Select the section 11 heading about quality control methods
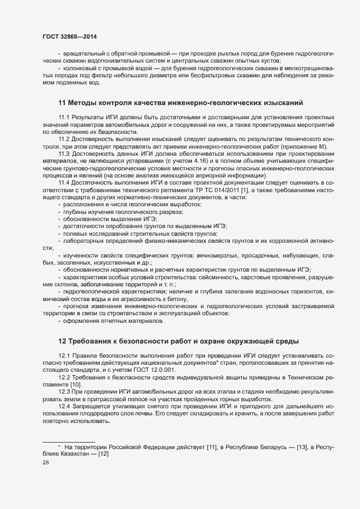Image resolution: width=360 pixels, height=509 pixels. click(x=180, y=102)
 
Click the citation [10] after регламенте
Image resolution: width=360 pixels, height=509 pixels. click(x=74, y=384)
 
